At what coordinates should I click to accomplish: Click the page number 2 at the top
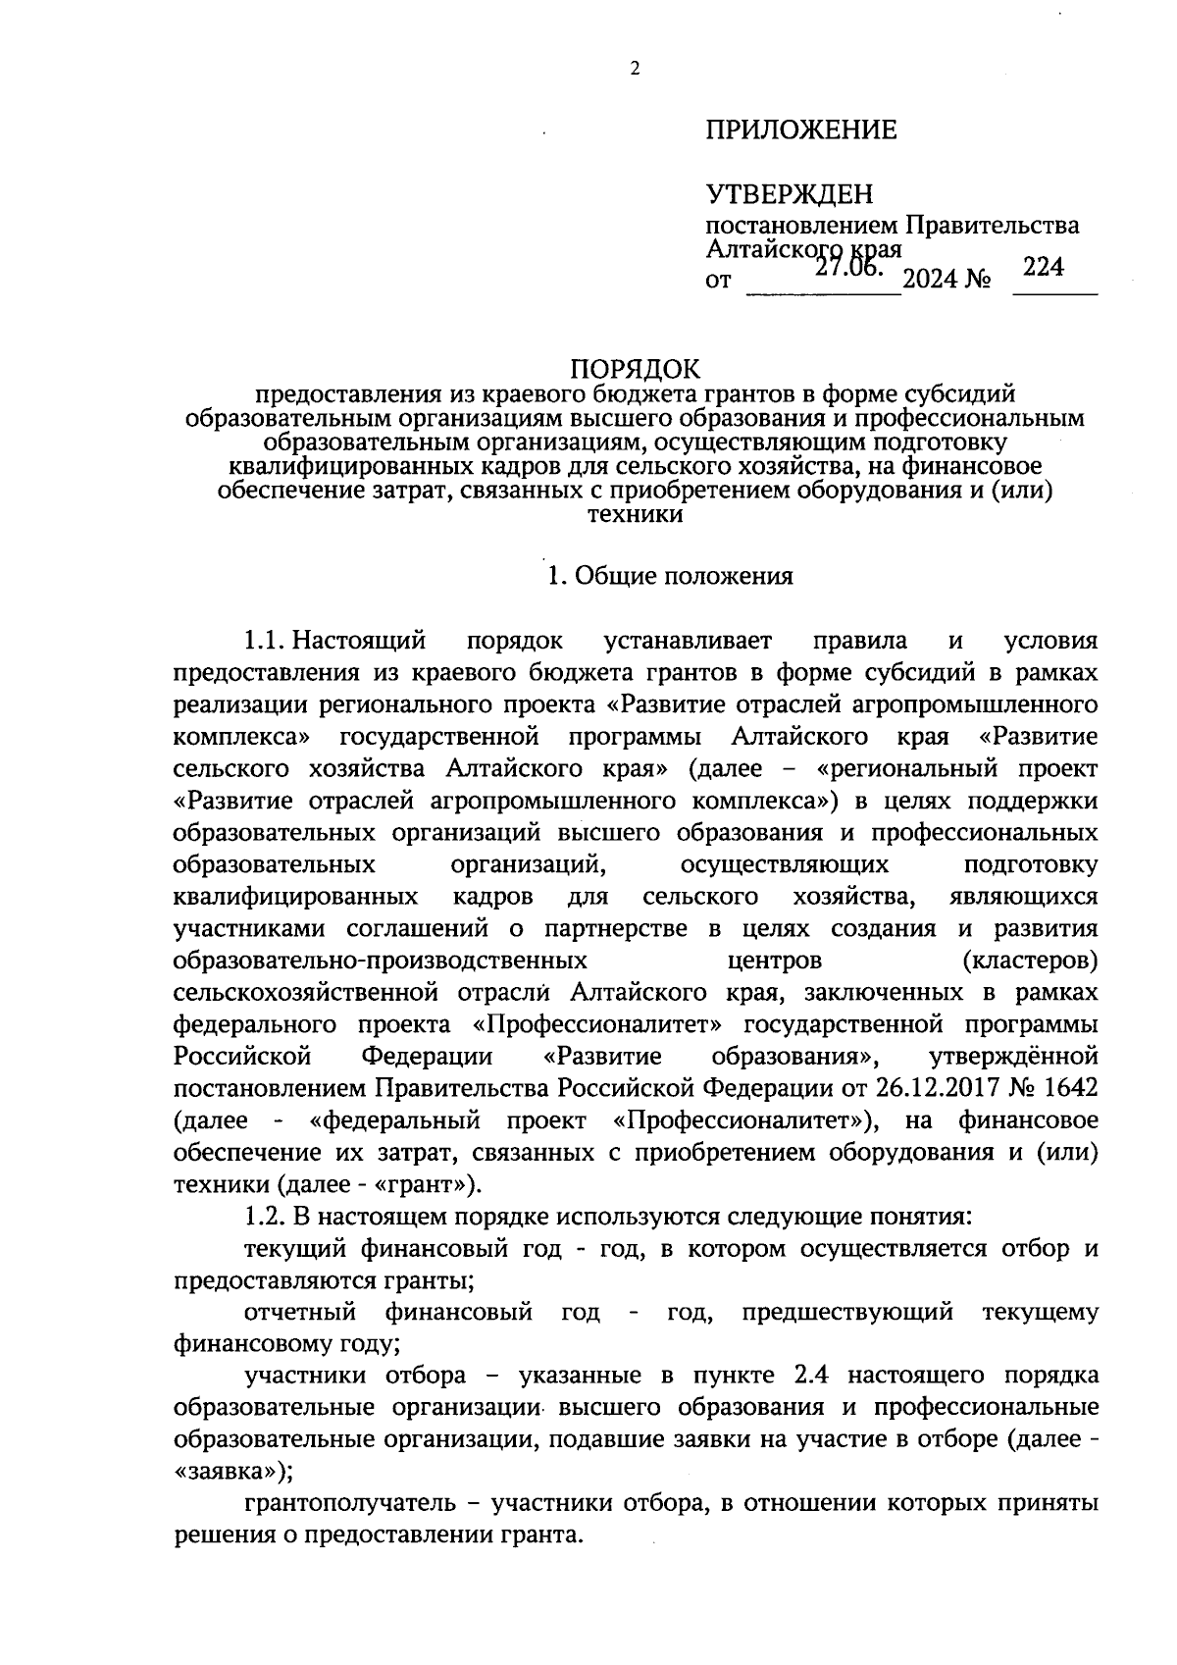pyautogui.click(x=635, y=70)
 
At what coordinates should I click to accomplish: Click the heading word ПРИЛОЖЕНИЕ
pyautogui.click(x=800, y=130)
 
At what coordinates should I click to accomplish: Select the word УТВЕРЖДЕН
pyautogui.click(x=789, y=194)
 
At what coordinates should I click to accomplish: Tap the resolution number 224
pyautogui.click(x=1043, y=267)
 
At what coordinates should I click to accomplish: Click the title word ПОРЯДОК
pyautogui.click(x=636, y=370)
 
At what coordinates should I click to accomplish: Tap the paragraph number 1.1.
pyautogui.click(x=265, y=642)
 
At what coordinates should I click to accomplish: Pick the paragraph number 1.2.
pyautogui.click(x=265, y=1217)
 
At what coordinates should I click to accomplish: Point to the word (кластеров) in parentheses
pyautogui.click(x=1030, y=959)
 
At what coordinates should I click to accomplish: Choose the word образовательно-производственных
pyautogui.click(x=381, y=959)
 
